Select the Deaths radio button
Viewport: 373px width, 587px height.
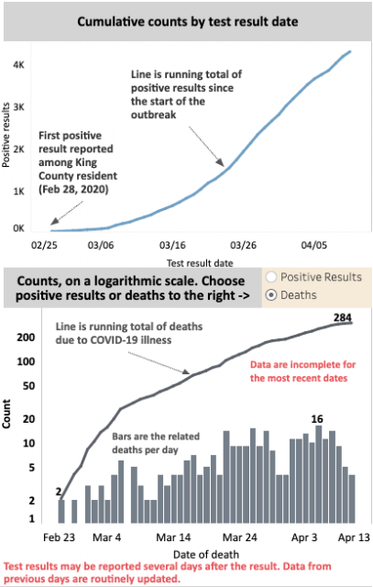[x=271, y=295]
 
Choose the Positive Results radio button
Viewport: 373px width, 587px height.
[x=271, y=277]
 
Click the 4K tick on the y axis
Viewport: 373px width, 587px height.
[x=18, y=65]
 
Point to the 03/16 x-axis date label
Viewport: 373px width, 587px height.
[x=172, y=245]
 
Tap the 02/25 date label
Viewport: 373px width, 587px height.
[x=45, y=245]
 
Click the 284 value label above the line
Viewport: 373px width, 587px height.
[x=343, y=317]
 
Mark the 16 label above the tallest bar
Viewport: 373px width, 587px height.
[x=317, y=419]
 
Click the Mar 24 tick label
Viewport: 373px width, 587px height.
[x=240, y=537]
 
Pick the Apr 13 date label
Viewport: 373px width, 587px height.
[x=354, y=537]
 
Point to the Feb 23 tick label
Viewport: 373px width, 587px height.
[x=59, y=537]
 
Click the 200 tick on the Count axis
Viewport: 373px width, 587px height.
[x=26, y=338]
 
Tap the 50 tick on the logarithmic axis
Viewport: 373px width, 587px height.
[x=28, y=386]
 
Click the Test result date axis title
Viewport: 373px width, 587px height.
[x=200, y=263]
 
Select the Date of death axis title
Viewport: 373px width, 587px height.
[x=206, y=554]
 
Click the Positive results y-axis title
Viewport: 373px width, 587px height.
[x=5, y=135]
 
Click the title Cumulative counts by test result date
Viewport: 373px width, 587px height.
[x=188, y=21]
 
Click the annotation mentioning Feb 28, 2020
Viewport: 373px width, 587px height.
[x=78, y=162]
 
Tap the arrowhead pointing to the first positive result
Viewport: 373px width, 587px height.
[x=54, y=222]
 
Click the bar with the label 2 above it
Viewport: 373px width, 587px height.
[x=61, y=512]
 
